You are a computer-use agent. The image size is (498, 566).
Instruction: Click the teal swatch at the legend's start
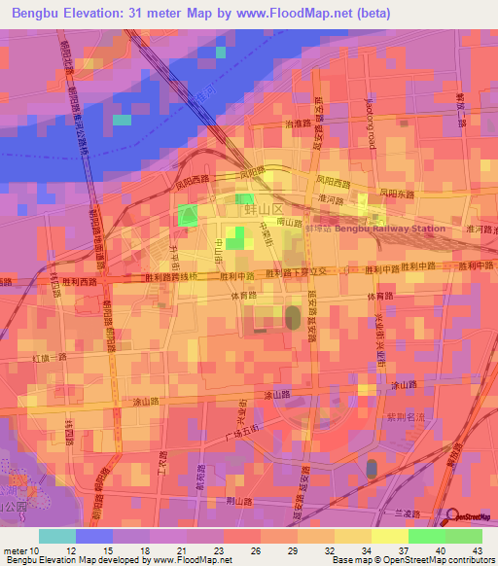(x=57, y=536)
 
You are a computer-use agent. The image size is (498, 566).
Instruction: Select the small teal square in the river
(x=122, y=121)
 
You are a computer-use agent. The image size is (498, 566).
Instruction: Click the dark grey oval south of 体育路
(x=292, y=318)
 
